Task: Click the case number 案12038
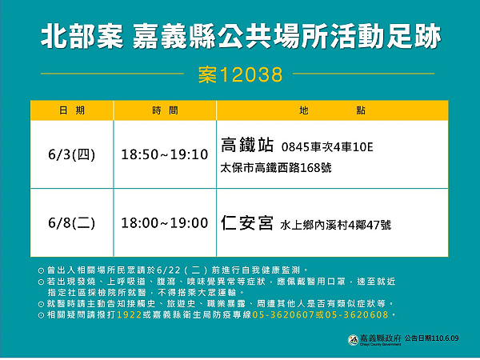tap(240, 75)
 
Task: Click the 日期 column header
tap(70, 110)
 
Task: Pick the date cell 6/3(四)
tap(71, 154)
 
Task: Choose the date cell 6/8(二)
tap(71, 223)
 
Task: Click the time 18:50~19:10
tap(165, 154)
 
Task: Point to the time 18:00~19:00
tap(165, 223)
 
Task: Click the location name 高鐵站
tap(246, 146)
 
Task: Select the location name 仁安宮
tap(246, 223)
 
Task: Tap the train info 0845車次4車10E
tap(328, 147)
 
